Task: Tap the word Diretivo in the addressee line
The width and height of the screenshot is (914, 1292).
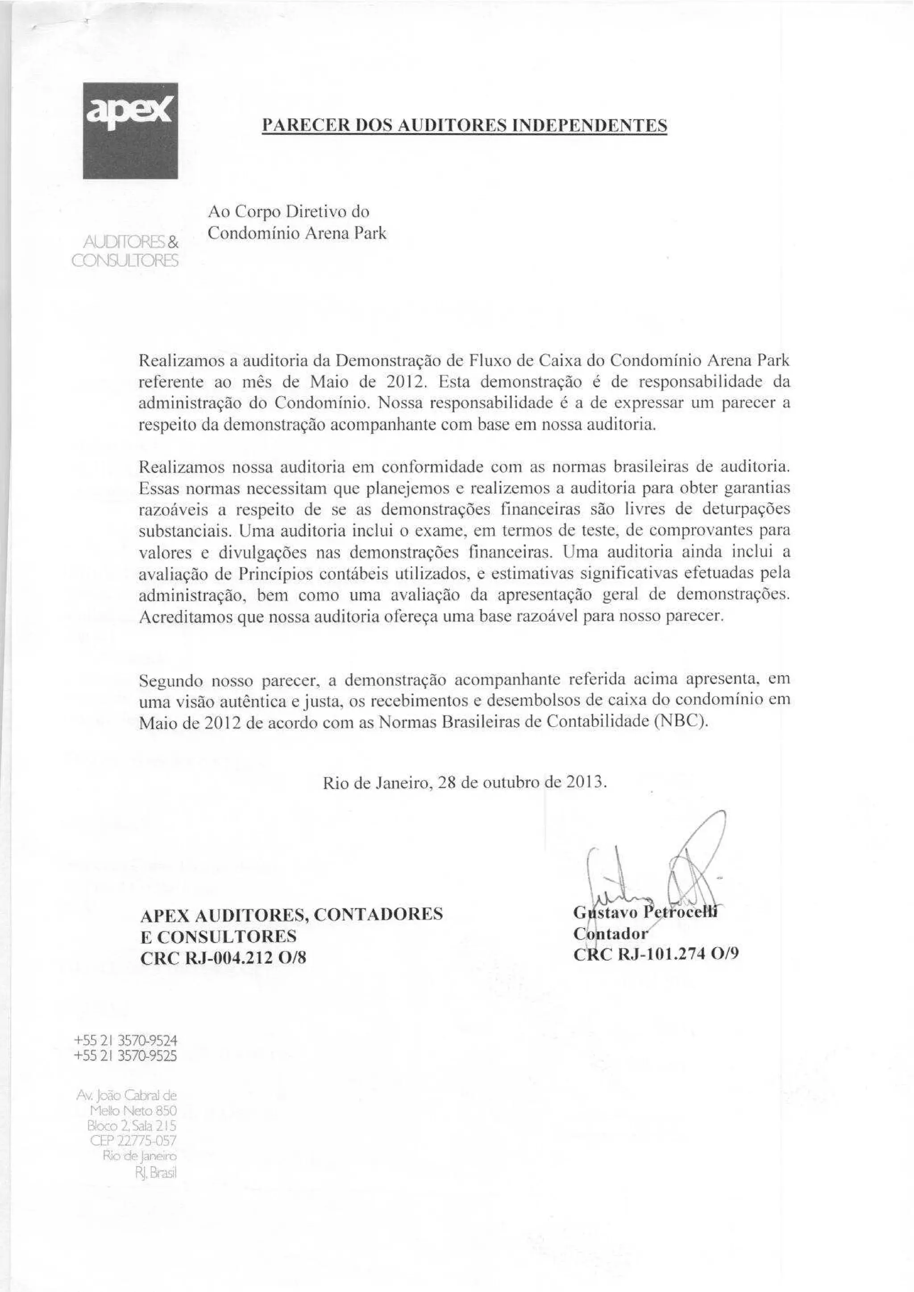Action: click(319, 212)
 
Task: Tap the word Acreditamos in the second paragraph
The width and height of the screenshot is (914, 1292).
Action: click(185, 617)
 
